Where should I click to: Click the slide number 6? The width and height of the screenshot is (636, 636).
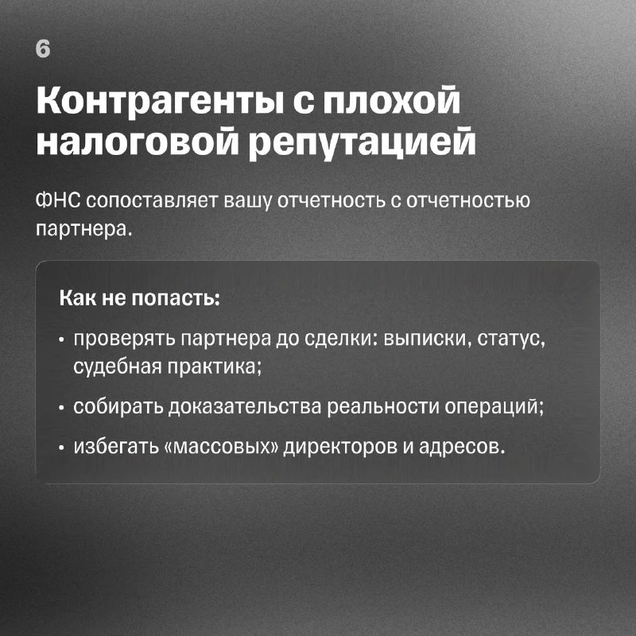(43, 49)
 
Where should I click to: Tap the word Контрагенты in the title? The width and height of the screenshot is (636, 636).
(161, 101)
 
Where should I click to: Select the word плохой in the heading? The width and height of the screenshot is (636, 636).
(391, 101)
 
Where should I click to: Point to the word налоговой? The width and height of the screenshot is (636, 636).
(138, 143)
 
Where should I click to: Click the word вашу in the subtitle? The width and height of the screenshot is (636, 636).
(247, 202)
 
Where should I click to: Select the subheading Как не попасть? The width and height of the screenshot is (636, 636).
(140, 298)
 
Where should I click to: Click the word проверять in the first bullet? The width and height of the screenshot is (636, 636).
(125, 340)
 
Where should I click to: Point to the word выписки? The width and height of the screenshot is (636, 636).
(427, 339)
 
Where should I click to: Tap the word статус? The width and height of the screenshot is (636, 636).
(510, 340)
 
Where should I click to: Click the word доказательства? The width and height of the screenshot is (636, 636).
(245, 406)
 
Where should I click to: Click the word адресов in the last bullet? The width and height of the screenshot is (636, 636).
(462, 447)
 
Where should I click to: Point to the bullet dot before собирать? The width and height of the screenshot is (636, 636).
(61, 409)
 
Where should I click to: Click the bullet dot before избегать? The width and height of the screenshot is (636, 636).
(61, 448)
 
